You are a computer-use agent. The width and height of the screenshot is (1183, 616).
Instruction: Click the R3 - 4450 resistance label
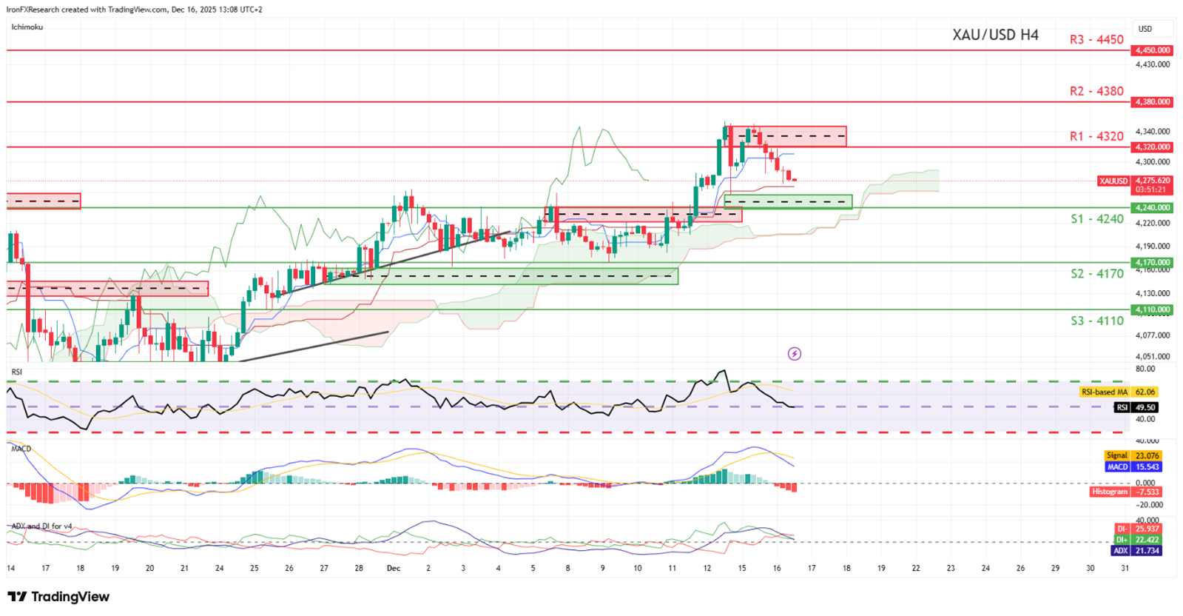[x=1096, y=39]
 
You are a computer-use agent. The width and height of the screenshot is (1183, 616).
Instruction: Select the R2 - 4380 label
[x=1096, y=91]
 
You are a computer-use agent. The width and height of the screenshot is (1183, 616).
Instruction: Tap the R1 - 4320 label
[x=1096, y=136]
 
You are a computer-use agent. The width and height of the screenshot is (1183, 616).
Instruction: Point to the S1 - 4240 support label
[x=1096, y=219]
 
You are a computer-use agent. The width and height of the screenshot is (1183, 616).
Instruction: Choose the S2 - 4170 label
[x=1096, y=274]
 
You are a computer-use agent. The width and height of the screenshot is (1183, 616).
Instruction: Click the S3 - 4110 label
[x=1096, y=321]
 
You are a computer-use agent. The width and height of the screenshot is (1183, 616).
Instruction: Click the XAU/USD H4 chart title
[x=995, y=35]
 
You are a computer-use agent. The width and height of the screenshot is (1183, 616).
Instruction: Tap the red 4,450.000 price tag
[x=1152, y=50]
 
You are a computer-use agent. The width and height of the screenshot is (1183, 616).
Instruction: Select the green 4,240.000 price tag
[x=1152, y=208]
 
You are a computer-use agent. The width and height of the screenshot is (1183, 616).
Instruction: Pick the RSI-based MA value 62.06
[x=1145, y=392]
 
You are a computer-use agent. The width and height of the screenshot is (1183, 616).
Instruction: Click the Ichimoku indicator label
[x=27, y=27]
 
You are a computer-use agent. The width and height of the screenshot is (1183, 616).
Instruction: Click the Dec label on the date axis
[x=394, y=569]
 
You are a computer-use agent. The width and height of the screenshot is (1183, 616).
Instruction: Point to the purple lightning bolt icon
[x=794, y=354]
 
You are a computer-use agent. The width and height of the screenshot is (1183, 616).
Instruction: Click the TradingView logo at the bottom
[x=58, y=597]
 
